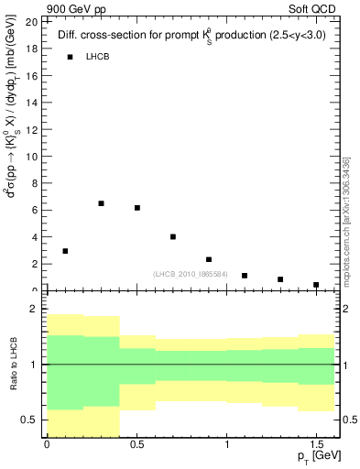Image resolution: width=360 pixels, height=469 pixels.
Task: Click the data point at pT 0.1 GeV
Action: point(65,251)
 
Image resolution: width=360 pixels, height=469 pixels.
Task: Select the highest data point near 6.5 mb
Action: point(101,203)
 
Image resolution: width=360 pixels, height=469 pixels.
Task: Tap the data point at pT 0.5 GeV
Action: point(137,208)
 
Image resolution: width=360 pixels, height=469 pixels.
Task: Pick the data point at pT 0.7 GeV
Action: point(173,236)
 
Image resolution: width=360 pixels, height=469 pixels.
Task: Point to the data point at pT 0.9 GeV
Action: point(209,259)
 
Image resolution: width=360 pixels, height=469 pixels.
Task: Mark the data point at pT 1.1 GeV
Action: point(245,275)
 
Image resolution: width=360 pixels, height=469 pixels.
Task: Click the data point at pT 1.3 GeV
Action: point(280,279)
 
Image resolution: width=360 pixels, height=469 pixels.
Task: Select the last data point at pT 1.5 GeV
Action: point(316,285)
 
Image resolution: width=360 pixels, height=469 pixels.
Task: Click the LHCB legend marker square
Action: point(69,57)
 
